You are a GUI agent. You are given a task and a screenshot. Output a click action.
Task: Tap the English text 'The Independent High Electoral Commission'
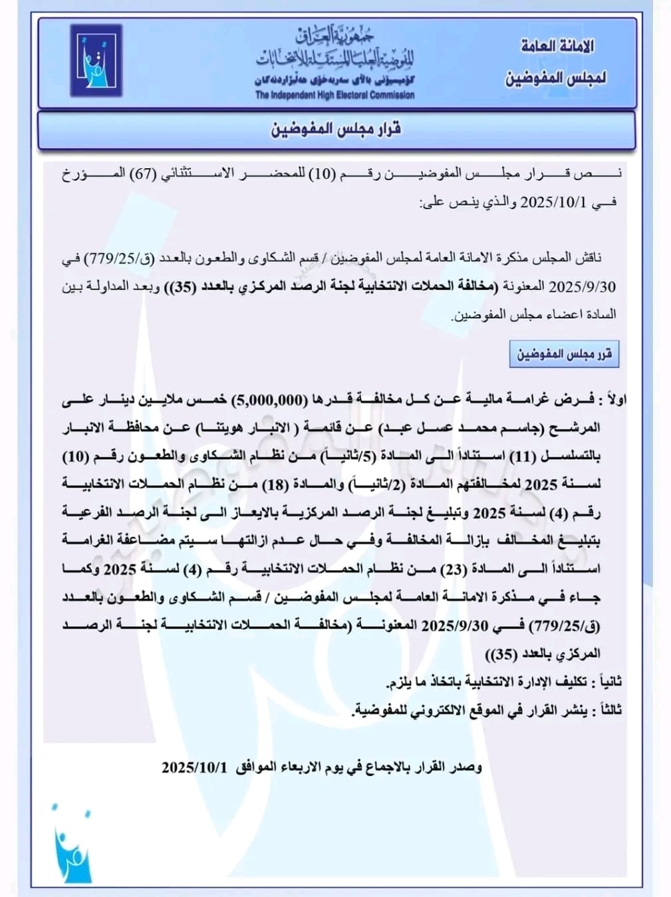[335, 95]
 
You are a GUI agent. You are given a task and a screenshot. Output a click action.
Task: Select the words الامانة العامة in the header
[557, 47]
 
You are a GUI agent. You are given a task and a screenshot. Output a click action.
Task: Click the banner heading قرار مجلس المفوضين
[335, 129]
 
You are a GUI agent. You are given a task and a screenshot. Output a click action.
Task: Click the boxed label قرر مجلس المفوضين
[564, 353]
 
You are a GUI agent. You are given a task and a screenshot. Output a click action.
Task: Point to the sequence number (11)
[522, 456]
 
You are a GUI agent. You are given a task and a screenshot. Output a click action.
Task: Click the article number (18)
[275, 484]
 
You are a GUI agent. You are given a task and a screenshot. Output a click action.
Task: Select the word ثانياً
[610, 682]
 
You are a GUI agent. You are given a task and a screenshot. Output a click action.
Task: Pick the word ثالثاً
[610, 710]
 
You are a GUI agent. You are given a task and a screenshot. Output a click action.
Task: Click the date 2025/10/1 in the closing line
[194, 767]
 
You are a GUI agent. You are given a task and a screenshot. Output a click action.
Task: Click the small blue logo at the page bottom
[71, 845]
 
